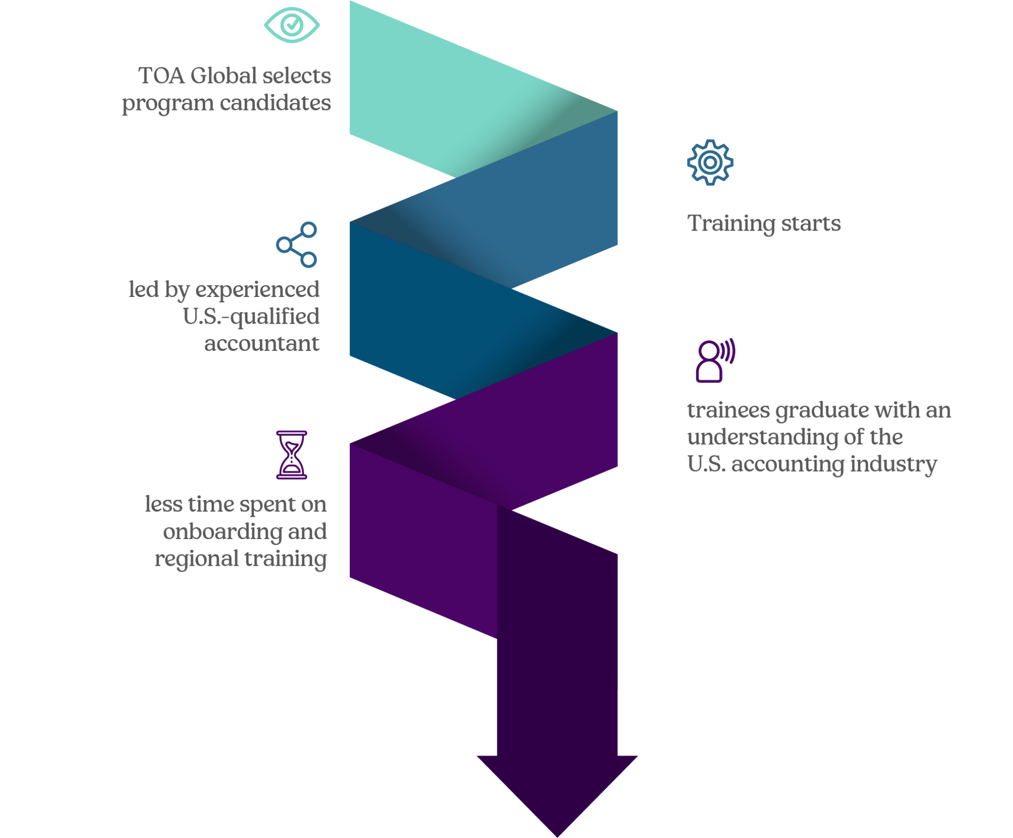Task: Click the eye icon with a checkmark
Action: [291, 25]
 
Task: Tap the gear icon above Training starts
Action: [710, 162]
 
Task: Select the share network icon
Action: [297, 245]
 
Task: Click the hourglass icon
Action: [291, 455]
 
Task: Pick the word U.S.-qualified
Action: [251, 317]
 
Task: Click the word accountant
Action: [262, 344]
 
